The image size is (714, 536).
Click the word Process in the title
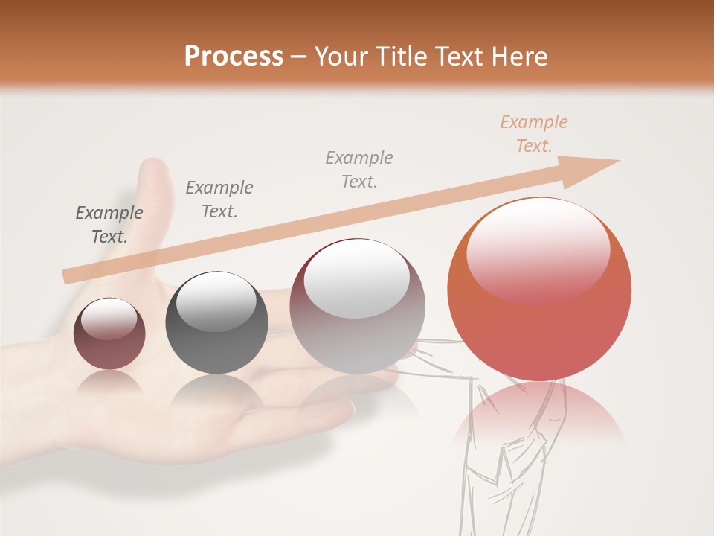(x=234, y=57)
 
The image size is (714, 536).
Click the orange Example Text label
(x=533, y=134)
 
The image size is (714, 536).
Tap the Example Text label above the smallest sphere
(x=109, y=225)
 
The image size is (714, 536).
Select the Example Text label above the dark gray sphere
(x=219, y=200)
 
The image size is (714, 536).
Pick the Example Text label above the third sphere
(x=359, y=170)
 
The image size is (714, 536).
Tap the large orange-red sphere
(x=539, y=320)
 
